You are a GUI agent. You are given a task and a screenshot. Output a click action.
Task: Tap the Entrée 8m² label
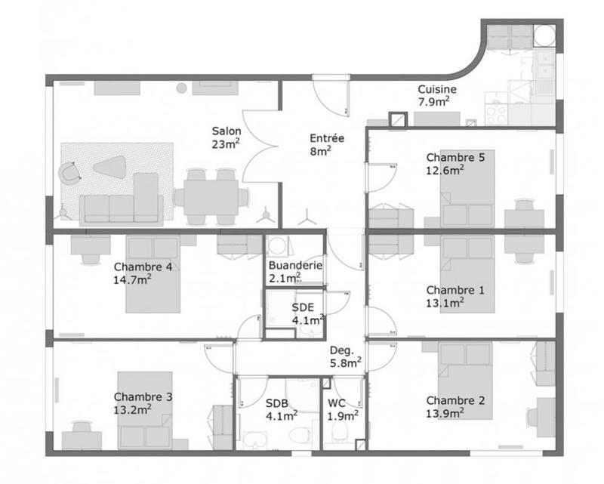click(327, 144)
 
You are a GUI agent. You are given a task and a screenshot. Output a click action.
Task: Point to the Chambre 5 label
click(455, 163)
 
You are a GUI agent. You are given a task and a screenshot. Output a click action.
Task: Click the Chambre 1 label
click(455, 296)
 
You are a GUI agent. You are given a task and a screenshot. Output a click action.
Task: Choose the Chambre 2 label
click(455, 406)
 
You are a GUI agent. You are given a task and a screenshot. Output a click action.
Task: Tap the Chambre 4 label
click(143, 273)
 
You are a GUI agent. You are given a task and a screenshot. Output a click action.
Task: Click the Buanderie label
click(295, 271)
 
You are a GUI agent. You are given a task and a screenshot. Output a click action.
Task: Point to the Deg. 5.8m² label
click(345, 356)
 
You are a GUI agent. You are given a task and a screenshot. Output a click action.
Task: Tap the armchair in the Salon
click(71, 173)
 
